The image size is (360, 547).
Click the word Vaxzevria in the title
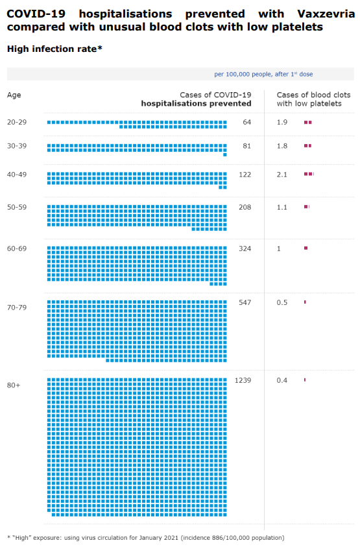[x=326, y=14]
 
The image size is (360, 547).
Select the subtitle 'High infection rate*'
[x=54, y=49]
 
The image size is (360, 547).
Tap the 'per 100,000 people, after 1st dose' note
[x=263, y=74]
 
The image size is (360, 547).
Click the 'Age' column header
[x=14, y=95]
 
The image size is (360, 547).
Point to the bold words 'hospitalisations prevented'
[x=196, y=104]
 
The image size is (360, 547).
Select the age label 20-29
[x=17, y=122]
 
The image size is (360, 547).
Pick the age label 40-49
[x=17, y=175]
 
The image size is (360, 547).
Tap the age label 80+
[x=14, y=385]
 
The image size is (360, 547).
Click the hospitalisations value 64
[x=247, y=122]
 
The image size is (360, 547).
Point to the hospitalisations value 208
[x=245, y=207]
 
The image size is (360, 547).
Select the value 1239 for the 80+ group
[x=243, y=380]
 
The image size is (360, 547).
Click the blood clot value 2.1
[x=282, y=175]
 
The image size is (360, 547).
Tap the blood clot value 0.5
[x=282, y=302]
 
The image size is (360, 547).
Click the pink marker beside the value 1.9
[x=307, y=123]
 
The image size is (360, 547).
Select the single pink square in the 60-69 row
[x=306, y=248]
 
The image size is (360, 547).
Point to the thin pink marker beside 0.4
[x=305, y=380]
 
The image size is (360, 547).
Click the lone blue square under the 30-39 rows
[x=225, y=154]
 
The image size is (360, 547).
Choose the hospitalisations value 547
[x=245, y=302]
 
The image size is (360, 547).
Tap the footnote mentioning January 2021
[x=146, y=537]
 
